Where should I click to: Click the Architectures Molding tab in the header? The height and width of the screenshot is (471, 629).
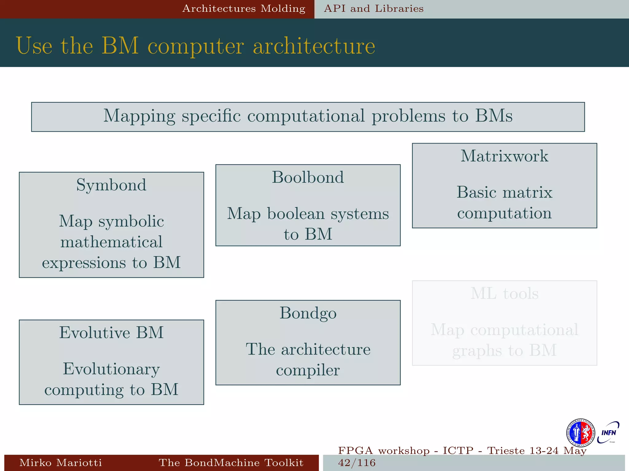pos(244,9)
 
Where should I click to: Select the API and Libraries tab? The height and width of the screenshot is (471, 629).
pos(373,9)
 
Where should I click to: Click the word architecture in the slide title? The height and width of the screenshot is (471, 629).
pos(314,46)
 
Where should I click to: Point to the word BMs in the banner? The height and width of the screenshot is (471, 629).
pos(494,116)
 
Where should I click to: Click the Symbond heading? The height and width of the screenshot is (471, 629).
pos(111,185)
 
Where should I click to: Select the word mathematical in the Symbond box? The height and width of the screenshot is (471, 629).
pos(111,242)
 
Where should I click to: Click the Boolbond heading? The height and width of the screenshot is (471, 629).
pos(308,178)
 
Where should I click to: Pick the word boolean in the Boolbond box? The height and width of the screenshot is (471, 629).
pos(295,213)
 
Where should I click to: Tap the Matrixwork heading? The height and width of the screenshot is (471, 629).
pos(504,156)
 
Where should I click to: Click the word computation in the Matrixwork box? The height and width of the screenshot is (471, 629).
pos(504,213)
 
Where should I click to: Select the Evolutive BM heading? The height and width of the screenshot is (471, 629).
pos(111,333)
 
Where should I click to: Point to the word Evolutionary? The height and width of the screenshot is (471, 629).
pos(111,369)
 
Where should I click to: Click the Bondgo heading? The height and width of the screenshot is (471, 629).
pos(308,313)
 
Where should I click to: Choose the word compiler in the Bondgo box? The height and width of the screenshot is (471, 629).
pos(308,370)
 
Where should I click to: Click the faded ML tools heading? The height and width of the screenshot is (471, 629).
pos(504,294)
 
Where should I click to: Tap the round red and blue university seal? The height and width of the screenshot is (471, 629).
pos(580,433)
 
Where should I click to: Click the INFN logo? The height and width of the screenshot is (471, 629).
pos(608,433)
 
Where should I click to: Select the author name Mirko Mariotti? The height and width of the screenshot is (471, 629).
pos(61,462)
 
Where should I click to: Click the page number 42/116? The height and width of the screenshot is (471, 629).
pos(357,462)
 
